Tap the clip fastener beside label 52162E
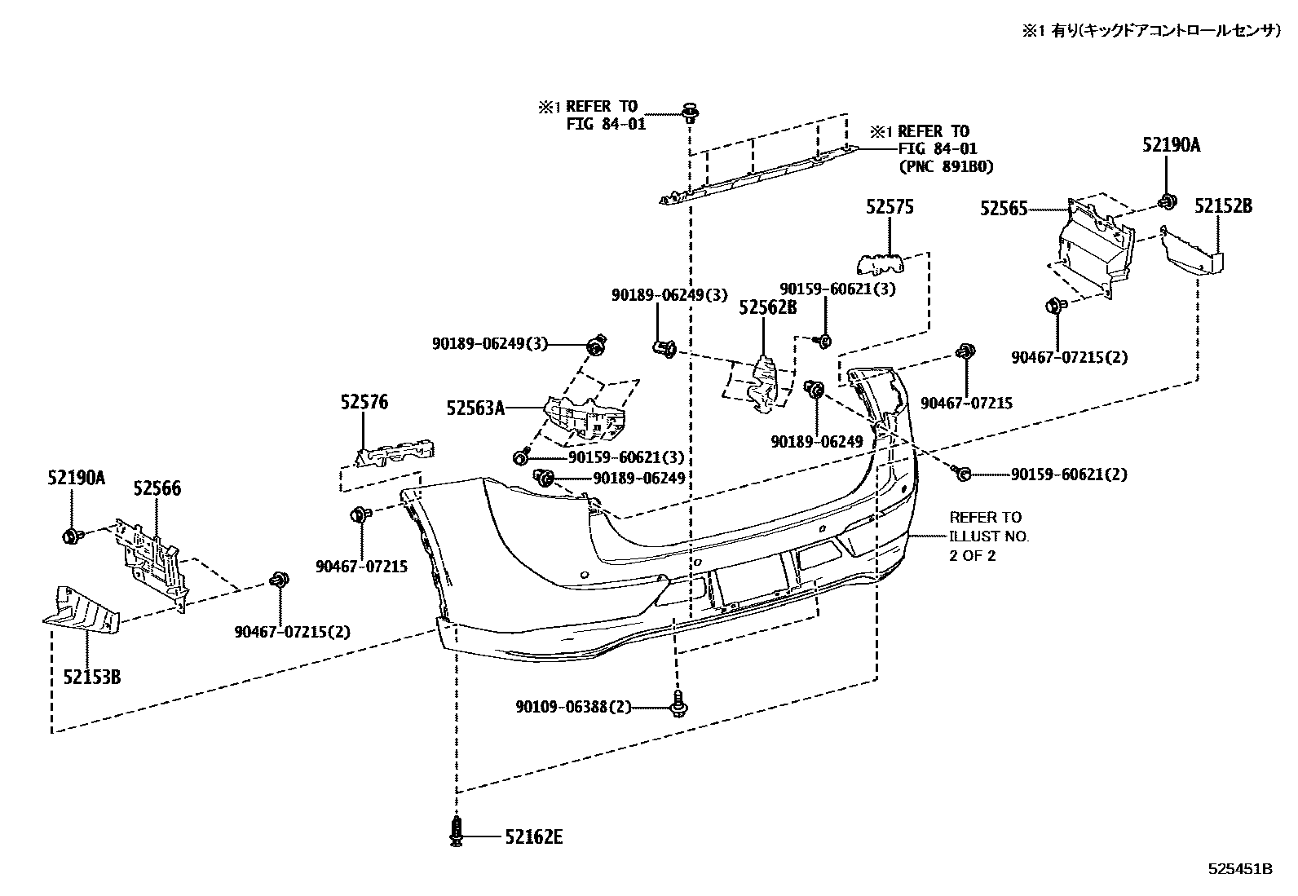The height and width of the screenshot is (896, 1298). coord(457,832)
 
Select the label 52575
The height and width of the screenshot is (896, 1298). coord(890,208)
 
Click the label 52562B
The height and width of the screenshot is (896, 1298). coord(767,307)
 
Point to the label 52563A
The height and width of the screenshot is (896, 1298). coord(475,408)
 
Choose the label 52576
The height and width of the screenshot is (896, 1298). coord(364,401)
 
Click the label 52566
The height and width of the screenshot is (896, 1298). coord(157,488)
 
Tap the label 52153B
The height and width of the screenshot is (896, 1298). coord(92,676)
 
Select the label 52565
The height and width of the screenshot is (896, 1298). coord(1004,210)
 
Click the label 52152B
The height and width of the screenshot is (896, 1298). coord(1223,206)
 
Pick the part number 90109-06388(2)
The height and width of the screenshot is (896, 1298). coord(573,707)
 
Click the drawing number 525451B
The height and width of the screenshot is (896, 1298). coord(1239,869)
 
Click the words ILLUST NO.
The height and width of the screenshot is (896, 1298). coord(989,536)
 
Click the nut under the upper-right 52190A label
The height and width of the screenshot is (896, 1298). coord(1168,201)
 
